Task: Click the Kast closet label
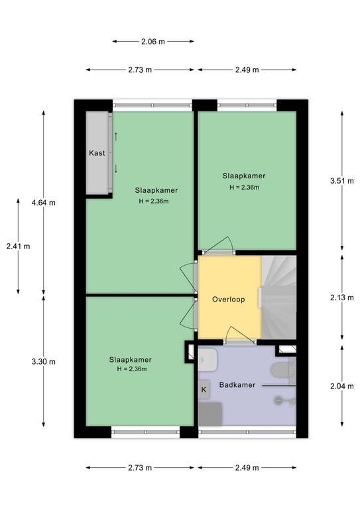(x=97, y=152)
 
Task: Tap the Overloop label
(x=228, y=300)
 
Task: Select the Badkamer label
(x=237, y=384)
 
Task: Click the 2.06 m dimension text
(x=153, y=42)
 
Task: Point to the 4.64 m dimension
(x=44, y=203)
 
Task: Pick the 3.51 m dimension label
(x=342, y=181)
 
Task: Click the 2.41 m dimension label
(x=18, y=247)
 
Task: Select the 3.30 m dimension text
(x=44, y=361)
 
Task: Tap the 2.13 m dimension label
(x=342, y=298)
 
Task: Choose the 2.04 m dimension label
(x=342, y=386)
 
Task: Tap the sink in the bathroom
(x=207, y=360)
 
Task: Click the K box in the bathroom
(x=204, y=390)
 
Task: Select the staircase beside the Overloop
(x=279, y=298)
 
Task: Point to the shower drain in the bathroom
(x=278, y=400)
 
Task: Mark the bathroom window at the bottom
(x=247, y=432)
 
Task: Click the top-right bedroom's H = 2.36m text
(x=244, y=188)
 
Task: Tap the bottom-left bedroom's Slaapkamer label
(x=130, y=360)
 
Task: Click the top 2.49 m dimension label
(x=247, y=70)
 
